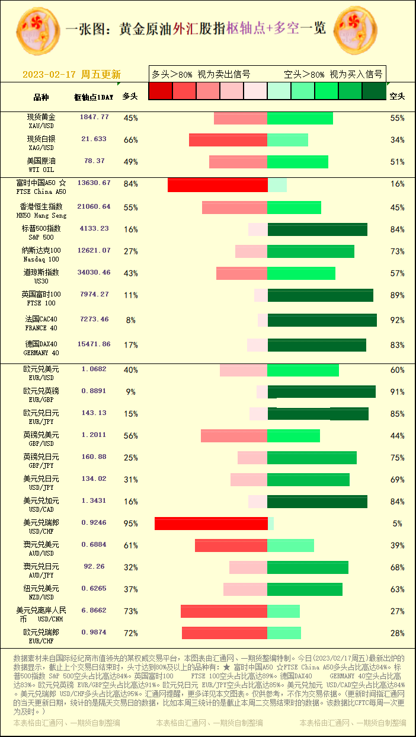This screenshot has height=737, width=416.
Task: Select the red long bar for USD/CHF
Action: (x=211, y=524)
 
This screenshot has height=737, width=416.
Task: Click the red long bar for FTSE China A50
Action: (x=217, y=184)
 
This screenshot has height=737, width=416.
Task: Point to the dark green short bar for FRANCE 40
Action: (x=322, y=320)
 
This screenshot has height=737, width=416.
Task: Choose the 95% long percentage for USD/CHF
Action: (x=130, y=524)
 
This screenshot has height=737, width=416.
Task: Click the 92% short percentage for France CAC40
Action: (x=397, y=320)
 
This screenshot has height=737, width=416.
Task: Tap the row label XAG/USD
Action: (x=41, y=148)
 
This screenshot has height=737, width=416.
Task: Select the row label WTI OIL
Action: (x=41, y=170)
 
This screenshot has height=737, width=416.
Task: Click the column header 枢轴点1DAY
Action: (x=94, y=97)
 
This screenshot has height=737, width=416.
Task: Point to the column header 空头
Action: (x=397, y=96)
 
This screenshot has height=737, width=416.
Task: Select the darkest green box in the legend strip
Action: (x=374, y=91)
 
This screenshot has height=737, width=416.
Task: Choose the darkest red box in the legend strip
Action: (x=161, y=91)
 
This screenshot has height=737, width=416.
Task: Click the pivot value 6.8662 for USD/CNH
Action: (x=94, y=610)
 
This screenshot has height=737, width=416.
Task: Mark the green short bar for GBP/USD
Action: (x=294, y=436)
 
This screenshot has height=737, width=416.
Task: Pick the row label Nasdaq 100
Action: (x=41, y=259)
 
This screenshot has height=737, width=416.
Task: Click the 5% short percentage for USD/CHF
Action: (x=397, y=524)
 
